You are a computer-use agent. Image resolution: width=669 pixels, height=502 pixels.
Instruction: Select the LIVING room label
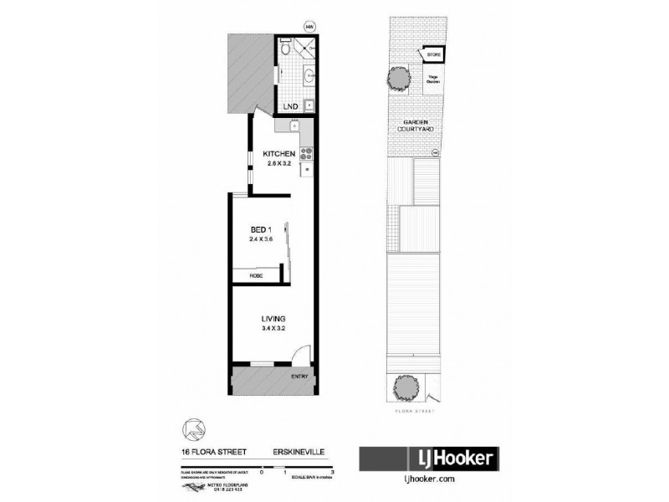(273, 319)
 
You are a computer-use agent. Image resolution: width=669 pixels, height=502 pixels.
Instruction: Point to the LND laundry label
(290, 107)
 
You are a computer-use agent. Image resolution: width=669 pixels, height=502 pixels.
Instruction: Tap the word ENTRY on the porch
(299, 376)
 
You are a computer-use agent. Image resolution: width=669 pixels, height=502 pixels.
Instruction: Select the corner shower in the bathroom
(308, 49)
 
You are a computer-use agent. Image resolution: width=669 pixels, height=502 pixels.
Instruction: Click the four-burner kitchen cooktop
(305, 153)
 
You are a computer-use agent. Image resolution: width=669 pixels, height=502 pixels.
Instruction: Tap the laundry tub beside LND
(309, 105)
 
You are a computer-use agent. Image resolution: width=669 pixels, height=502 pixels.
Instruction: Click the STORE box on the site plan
(433, 56)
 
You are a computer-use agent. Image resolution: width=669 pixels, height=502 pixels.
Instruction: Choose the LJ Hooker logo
(429, 458)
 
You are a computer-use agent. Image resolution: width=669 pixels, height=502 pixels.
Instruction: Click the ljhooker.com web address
(429, 480)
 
